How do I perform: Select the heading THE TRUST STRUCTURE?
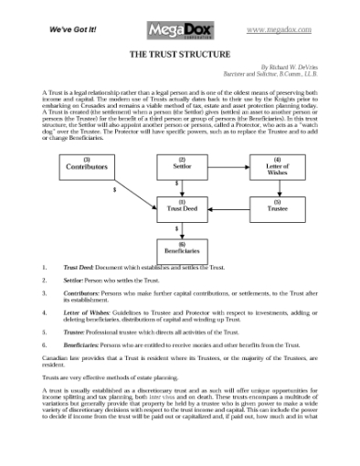coord(179,55)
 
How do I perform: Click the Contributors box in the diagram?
coord(88,165)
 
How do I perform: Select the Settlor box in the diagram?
coord(182,165)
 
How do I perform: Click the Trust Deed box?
coord(182,207)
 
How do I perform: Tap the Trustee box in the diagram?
coord(278,207)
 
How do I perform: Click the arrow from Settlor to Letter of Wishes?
coord(229,165)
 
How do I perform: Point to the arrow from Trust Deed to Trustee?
coord(229,207)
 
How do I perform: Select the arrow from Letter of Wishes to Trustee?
coord(278,186)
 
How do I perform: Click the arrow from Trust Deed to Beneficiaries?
coord(182,227)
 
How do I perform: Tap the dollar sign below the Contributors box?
coord(114,190)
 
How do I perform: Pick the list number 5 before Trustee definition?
coord(45,333)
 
